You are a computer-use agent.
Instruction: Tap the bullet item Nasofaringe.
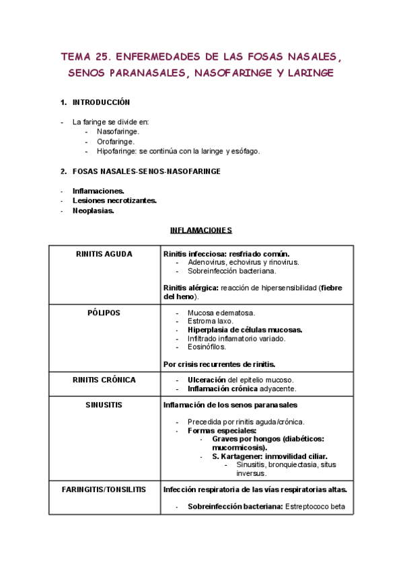[118, 132]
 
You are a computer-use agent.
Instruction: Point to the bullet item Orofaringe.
[116, 142]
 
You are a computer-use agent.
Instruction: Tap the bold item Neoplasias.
[94, 210]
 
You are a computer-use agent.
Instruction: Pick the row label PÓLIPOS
[104, 313]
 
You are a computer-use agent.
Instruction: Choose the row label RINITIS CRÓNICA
[104, 380]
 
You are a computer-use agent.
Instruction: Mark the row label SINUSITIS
[104, 405]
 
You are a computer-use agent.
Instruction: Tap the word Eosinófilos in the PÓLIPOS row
[207, 348]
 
